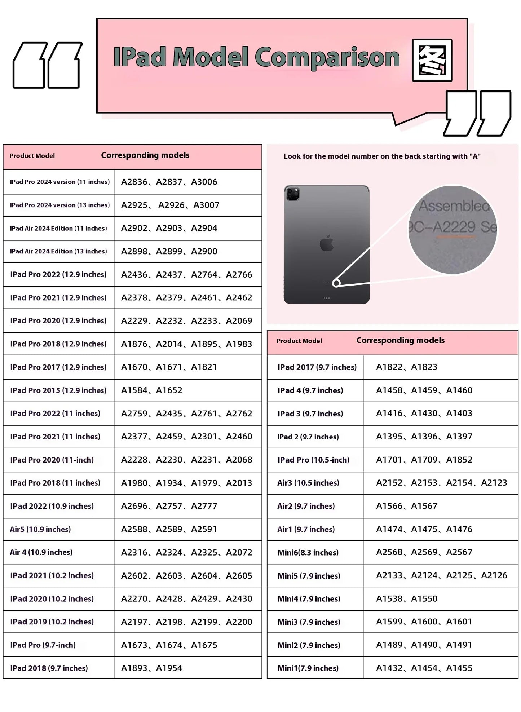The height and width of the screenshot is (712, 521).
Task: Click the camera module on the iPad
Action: click(293, 194)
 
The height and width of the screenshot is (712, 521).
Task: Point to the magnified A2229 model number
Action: click(454, 227)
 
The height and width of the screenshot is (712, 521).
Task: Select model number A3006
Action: click(204, 182)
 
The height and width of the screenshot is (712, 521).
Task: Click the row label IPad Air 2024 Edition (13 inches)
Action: click(58, 251)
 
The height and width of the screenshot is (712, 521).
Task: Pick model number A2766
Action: click(239, 275)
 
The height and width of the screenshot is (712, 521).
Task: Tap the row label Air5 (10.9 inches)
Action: click(40, 529)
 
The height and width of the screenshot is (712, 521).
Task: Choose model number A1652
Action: click(169, 390)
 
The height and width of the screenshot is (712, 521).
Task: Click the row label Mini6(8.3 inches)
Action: click(308, 552)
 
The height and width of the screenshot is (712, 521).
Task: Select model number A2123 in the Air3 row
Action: click(494, 483)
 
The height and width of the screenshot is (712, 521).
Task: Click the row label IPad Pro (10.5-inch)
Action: click(313, 460)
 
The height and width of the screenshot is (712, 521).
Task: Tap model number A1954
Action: click(169, 668)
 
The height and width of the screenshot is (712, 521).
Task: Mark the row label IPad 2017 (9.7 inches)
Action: click(317, 367)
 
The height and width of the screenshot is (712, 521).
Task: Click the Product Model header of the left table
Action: click(32, 156)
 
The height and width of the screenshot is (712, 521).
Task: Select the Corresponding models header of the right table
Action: click(400, 340)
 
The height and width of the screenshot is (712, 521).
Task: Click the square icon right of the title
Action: click(432, 60)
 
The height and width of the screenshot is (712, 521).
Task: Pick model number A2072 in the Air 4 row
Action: click(239, 552)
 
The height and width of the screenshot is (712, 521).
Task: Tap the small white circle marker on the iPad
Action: click(336, 283)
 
